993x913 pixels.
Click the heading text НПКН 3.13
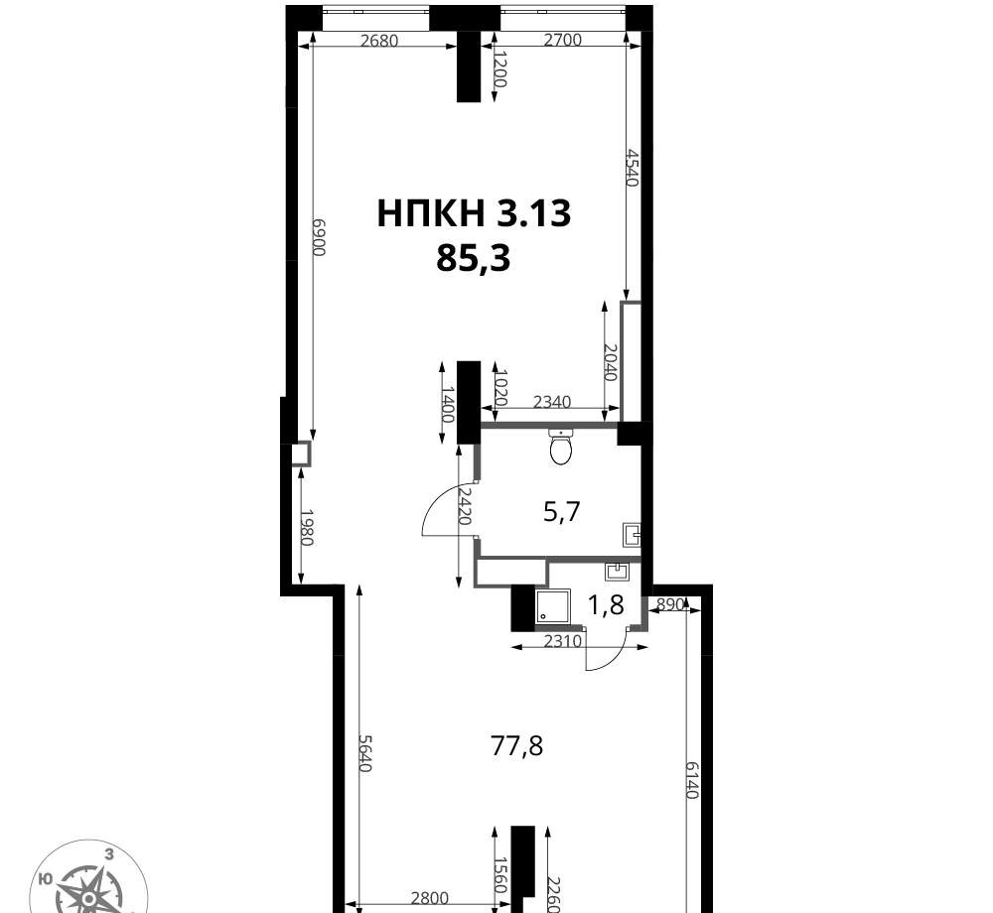tap(474, 213)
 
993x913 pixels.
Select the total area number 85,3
tap(473, 258)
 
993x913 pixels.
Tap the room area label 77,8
tap(517, 746)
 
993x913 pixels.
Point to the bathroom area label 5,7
tap(562, 512)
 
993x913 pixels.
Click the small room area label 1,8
tap(606, 605)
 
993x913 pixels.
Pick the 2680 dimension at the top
tap(378, 41)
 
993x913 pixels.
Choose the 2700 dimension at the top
tap(563, 40)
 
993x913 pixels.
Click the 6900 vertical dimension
tap(318, 236)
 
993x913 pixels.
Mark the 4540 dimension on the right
tap(632, 167)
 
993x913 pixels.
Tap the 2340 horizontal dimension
tap(552, 402)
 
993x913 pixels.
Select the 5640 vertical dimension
tap(364, 752)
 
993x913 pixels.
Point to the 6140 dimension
tap(691, 779)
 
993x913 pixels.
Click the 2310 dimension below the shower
tap(563, 641)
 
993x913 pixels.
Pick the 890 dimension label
tap(670, 604)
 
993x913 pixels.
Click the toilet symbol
tap(561, 447)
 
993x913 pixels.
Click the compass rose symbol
tap(89, 881)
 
